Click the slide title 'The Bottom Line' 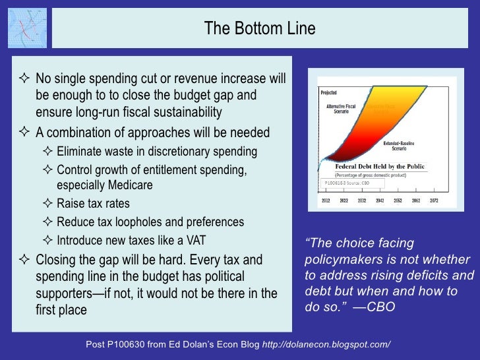click(x=259, y=29)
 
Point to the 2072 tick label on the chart click(x=434, y=200)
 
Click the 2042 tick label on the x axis click(x=380, y=200)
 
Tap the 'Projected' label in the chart click(x=329, y=93)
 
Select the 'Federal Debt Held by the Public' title click(x=379, y=167)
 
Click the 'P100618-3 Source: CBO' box click(x=351, y=183)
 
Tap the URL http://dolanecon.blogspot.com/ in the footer click(x=327, y=345)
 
